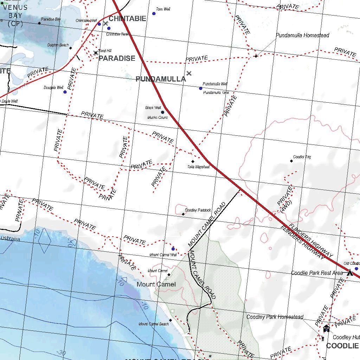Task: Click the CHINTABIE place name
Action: click(x=127, y=19)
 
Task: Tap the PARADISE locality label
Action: click(x=117, y=58)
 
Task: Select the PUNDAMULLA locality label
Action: click(x=161, y=79)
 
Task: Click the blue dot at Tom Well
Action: click(x=154, y=14)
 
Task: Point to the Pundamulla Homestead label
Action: click(x=302, y=36)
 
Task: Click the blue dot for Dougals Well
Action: click(x=65, y=92)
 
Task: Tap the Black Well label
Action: click(x=153, y=108)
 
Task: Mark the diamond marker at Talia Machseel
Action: click(x=193, y=161)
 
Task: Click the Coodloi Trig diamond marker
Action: click(x=291, y=161)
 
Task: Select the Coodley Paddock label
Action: click(x=198, y=210)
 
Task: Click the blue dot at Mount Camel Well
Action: click(x=173, y=249)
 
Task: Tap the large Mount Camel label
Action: click(x=156, y=284)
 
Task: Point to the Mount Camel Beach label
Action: click(x=154, y=324)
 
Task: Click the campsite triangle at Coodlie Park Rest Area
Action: click(x=350, y=272)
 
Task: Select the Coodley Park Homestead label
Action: click(x=275, y=317)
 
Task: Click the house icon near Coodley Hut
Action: click(x=326, y=328)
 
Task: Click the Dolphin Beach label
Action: click(x=58, y=45)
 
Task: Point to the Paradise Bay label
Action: click(x=51, y=19)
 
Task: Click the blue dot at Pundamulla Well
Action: click(x=201, y=88)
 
